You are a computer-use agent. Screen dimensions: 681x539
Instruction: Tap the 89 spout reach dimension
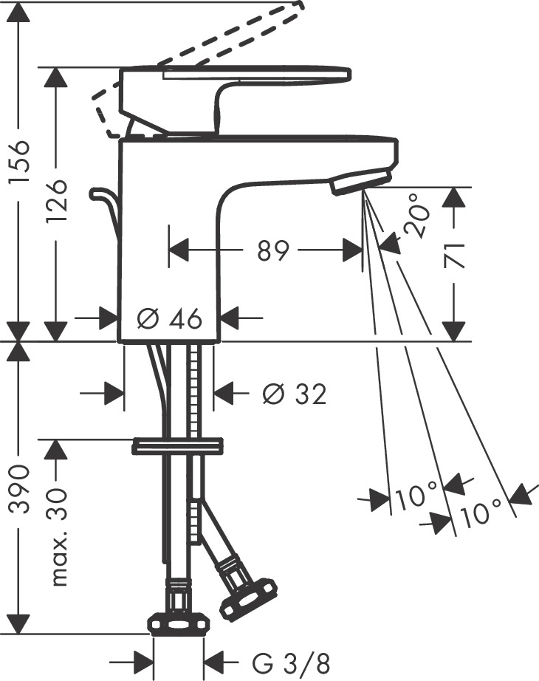(272, 252)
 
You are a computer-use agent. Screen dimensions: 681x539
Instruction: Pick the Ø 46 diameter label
(170, 319)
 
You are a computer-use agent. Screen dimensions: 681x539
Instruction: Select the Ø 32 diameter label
(294, 394)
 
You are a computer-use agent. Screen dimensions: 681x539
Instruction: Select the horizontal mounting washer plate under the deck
(177, 446)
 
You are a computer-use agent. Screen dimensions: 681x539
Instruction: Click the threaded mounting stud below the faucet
(196, 391)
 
